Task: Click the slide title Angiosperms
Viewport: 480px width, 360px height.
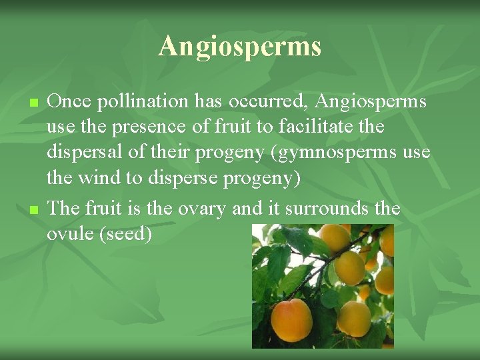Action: pyautogui.click(x=240, y=47)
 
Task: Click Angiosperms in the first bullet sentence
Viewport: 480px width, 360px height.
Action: pyautogui.click(x=371, y=101)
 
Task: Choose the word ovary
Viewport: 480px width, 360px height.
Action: pyautogui.click(x=201, y=209)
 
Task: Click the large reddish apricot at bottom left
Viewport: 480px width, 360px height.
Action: pyautogui.click(x=291, y=319)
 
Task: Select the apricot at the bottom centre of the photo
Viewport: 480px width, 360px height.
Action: pyautogui.click(x=353, y=319)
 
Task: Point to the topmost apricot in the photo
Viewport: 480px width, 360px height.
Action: pyautogui.click(x=335, y=238)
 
